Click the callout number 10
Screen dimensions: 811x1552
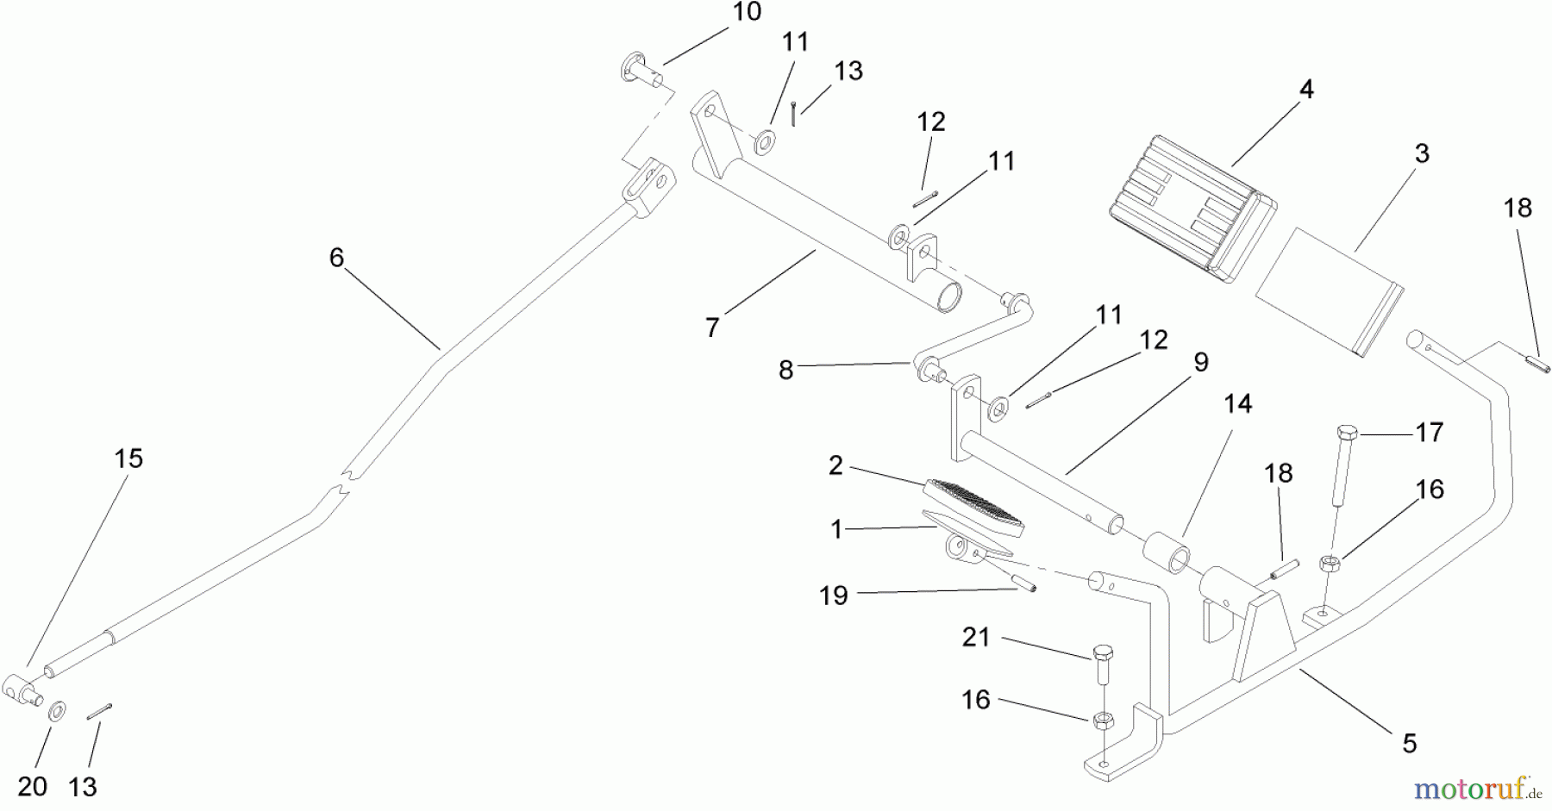click(x=748, y=12)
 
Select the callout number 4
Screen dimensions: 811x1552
click(x=1306, y=89)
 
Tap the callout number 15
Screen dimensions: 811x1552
click(x=128, y=459)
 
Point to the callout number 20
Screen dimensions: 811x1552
click(x=32, y=786)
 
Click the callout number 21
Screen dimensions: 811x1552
click(x=976, y=638)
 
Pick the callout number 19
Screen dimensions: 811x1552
click(x=833, y=596)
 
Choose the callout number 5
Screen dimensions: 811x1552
click(x=1409, y=743)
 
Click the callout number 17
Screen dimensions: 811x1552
click(x=1429, y=432)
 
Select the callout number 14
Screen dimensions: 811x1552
click(x=1237, y=403)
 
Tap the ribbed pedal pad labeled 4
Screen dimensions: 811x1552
click(x=1181, y=207)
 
